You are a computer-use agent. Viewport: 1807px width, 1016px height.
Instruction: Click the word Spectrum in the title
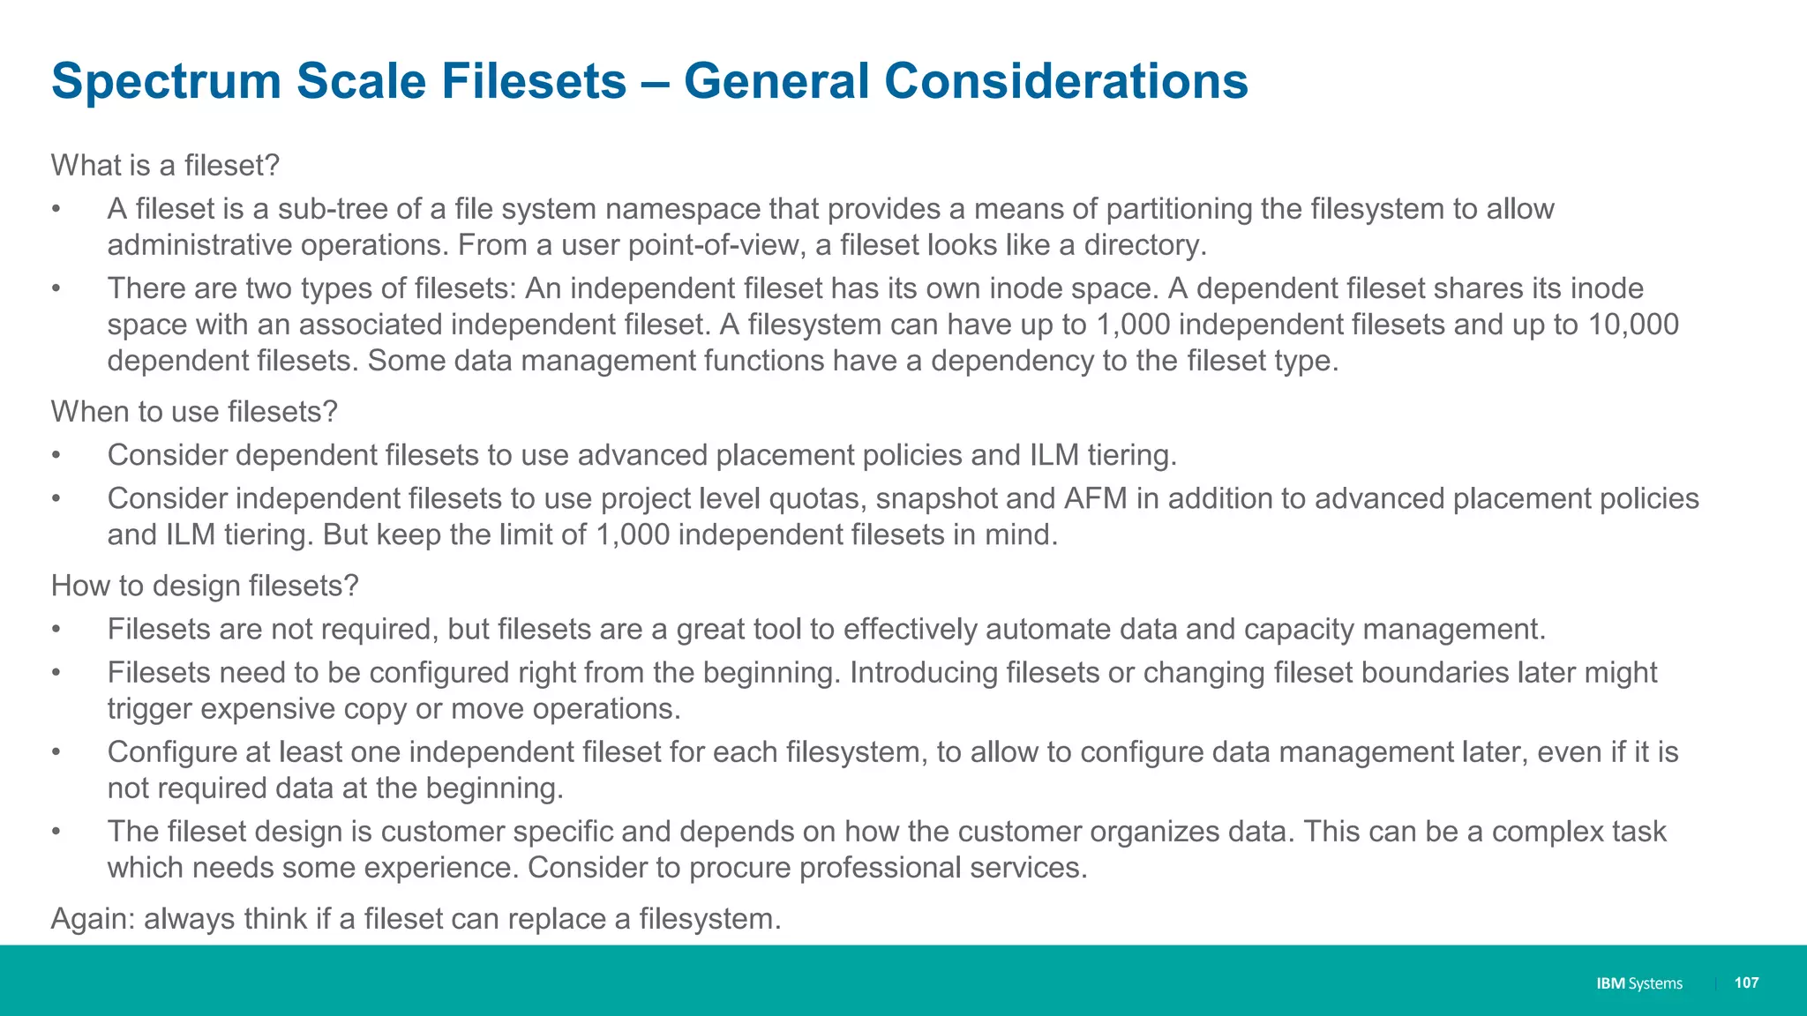(165, 82)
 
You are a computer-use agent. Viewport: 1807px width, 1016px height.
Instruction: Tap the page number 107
(1746, 982)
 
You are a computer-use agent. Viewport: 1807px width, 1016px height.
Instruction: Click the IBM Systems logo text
(1638, 983)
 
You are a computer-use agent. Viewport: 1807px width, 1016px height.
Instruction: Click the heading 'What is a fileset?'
(165, 166)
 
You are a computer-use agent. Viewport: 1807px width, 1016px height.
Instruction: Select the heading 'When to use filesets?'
(194, 412)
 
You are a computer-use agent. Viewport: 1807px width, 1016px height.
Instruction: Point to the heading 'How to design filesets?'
(205, 586)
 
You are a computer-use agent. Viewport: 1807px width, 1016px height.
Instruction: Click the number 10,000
(1633, 325)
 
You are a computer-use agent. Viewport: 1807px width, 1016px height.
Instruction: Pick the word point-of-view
(714, 245)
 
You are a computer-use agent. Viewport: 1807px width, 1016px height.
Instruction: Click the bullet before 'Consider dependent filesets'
(56, 455)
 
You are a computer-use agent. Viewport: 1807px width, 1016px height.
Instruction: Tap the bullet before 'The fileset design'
(56, 832)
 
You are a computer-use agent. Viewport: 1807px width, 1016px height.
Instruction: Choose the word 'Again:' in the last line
(93, 919)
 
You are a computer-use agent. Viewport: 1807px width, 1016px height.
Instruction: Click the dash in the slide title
(655, 82)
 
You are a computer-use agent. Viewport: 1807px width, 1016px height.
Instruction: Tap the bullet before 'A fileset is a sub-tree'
(56, 209)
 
